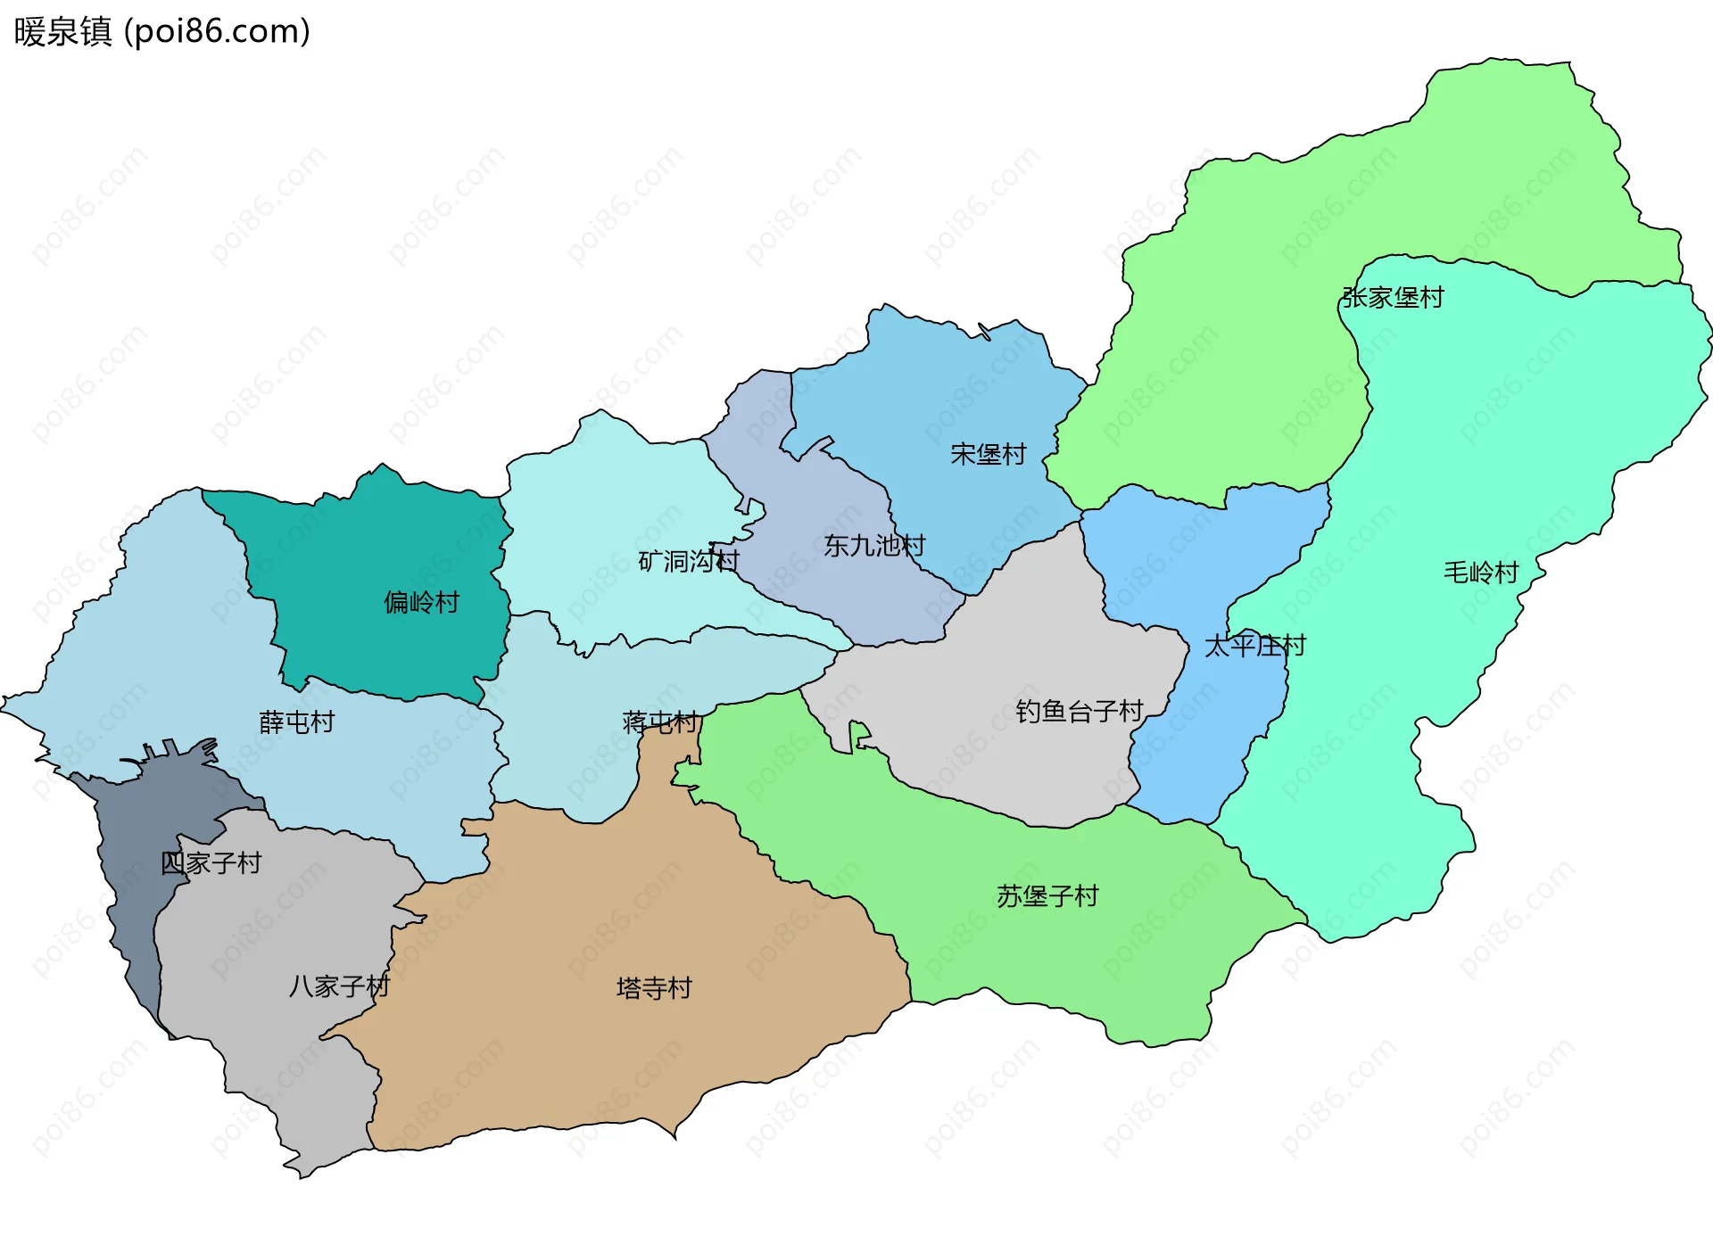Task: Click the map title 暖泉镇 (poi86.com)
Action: tap(161, 31)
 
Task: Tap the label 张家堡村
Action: tap(1393, 297)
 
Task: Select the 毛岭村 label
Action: tap(1481, 572)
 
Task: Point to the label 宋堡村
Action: tap(989, 454)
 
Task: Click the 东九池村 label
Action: tap(874, 545)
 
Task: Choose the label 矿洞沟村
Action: tap(689, 561)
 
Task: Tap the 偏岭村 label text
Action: tap(421, 602)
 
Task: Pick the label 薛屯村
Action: tap(297, 722)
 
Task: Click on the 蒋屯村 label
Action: tap(660, 722)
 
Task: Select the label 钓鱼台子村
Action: tap(1080, 711)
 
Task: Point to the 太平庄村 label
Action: tap(1255, 645)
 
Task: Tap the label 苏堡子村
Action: tap(1047, 895)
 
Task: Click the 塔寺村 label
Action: tap(654, 987)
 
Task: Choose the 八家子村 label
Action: tap(340, 985)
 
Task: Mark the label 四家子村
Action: tap(211, 862)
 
